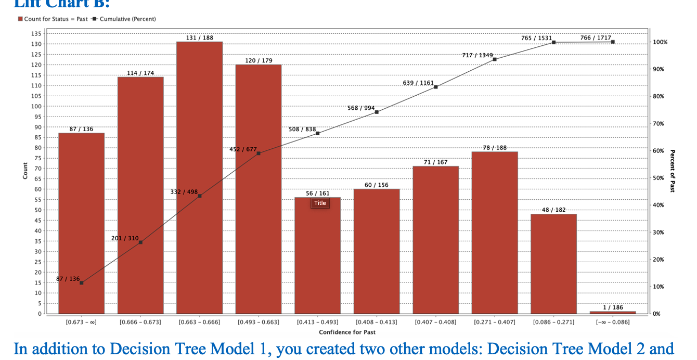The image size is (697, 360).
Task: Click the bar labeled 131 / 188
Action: point(200,177)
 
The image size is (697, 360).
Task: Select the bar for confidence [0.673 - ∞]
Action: point(81,224)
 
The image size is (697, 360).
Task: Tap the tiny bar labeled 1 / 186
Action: point(613,312)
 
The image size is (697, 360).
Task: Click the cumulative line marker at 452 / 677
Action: point(259,153)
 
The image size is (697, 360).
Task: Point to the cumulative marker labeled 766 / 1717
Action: point(613,42)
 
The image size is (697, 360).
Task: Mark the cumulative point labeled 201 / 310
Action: point(140,242)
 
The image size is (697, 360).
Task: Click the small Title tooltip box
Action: point(320,203)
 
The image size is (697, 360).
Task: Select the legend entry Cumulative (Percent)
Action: point(125,19)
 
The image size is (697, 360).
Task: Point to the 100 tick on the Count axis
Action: point(36,106)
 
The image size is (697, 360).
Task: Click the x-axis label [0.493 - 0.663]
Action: point(259,323)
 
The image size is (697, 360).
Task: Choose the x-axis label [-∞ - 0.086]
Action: point(613,323)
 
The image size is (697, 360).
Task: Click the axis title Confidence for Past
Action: point(347,332)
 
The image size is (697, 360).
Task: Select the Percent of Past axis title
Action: point(673,171)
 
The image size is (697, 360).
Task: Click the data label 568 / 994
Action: point(361,108)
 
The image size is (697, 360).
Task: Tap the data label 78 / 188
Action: point(495,148)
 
